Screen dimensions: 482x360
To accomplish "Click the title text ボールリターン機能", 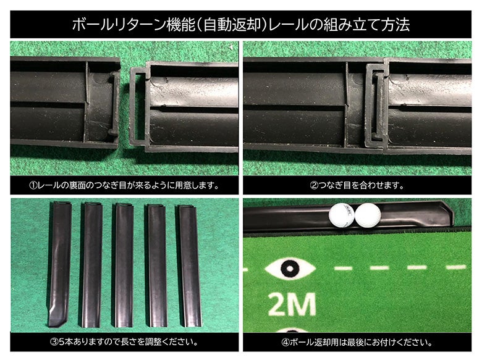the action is click(x=134, y=25).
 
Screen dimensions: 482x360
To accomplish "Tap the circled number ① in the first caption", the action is click(x=33, y=185).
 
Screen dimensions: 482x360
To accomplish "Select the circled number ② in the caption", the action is click(x=314, y=185).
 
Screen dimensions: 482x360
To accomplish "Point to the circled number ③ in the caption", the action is click(x=54, y=342).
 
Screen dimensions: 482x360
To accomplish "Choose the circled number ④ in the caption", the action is click(x=285, y=342).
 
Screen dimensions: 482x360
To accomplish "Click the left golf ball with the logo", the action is click(x=342, y=216).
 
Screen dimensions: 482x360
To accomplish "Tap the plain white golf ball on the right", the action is click(x=368, y=216).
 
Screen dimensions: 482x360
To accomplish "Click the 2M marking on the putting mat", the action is click(x=292, y=304).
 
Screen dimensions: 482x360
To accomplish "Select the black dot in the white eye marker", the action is click(x=290, y=269).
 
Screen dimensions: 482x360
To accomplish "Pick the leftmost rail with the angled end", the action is click(x=60, y=264).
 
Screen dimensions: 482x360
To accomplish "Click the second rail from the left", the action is click(x=91, y=265).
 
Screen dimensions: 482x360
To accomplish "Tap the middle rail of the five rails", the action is click(x=124, y=265).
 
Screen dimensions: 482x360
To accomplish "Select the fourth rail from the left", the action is click(x=158, y=266).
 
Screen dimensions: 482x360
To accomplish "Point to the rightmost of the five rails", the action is click(x=190, y=266).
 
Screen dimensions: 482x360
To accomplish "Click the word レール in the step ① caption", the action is click(x=49, y=185).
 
